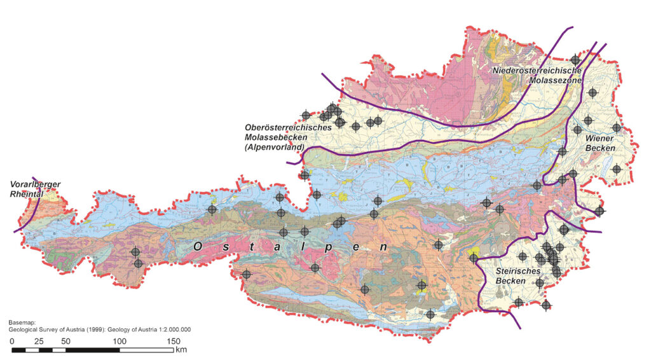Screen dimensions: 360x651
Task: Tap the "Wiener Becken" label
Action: tap(600, 142)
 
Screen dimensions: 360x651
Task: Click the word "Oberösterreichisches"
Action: tap(288, 127)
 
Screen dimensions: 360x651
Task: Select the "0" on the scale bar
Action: tap(12, 342)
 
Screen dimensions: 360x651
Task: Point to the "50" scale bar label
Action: tap(65, 342)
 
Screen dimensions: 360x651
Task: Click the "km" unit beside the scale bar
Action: tap(182, 350)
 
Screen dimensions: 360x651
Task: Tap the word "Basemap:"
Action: tap(22, 322)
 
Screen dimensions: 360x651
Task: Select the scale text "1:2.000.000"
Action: tap(170, 329)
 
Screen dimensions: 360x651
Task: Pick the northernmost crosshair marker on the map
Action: tap(575, 59)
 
